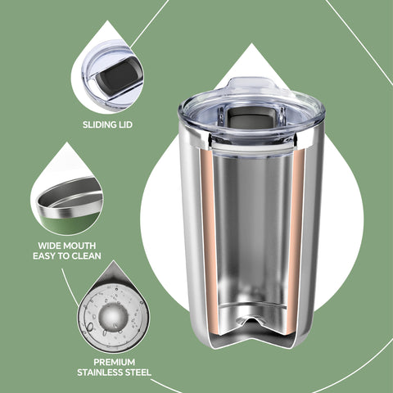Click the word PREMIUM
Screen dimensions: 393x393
(x=114, y=361)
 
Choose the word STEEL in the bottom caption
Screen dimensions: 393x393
(x=138, y=373)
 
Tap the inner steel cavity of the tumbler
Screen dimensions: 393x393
(x=252, y=229)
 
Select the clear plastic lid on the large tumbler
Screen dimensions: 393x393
(x=252, y=102)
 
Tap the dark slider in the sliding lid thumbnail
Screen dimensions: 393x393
(x=114, y=83)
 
